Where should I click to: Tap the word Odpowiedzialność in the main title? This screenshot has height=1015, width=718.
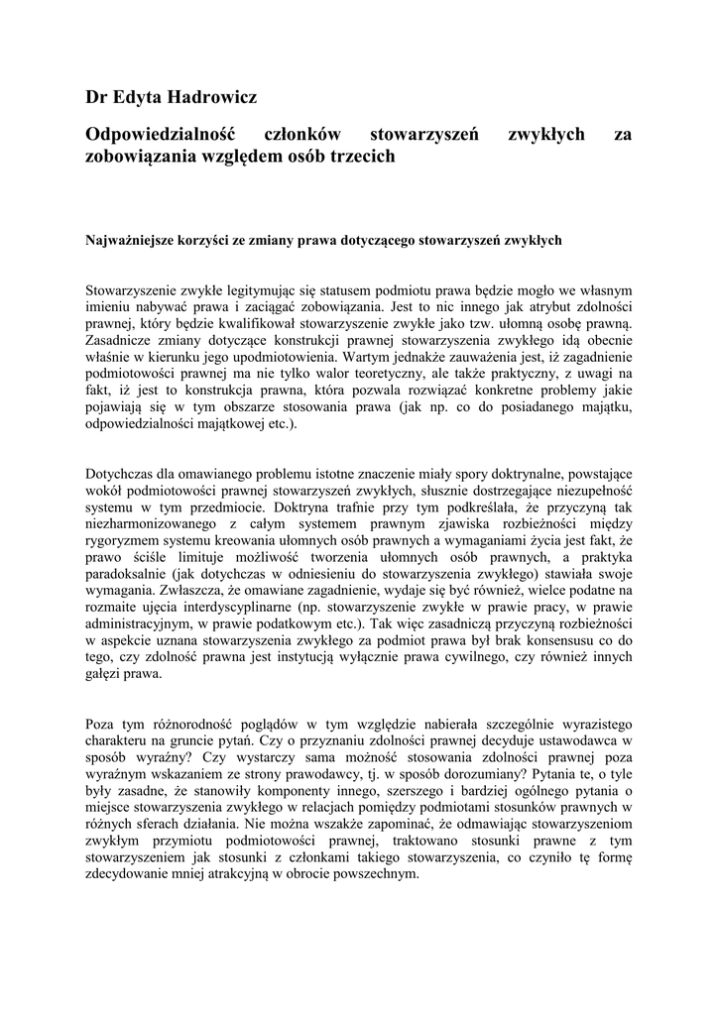coord(164,134)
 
